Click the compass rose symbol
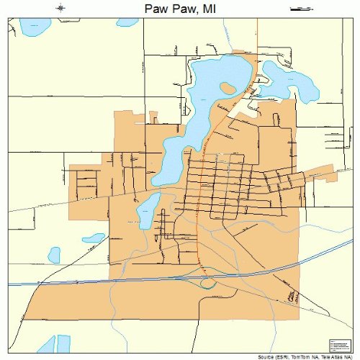coord(62,8)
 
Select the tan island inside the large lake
coord(228,88)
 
